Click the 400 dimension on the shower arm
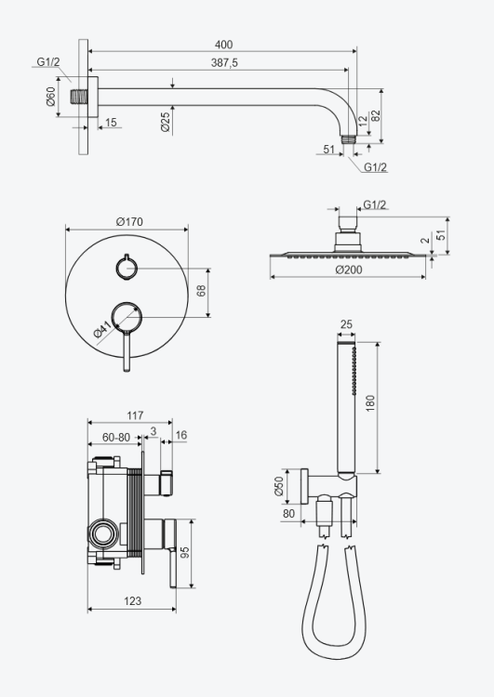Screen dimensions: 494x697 [223, 45]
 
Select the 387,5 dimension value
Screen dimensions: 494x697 [224, 63]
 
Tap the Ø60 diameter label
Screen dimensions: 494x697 [51, 97]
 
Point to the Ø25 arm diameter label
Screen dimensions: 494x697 [165, 122]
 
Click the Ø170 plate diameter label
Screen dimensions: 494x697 [129, 221]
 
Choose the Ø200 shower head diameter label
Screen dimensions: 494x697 [349, 270]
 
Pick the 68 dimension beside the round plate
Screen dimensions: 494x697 [201, 291]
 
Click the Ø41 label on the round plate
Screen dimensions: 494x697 [102, 331]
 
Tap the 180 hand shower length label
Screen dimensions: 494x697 [370, 403]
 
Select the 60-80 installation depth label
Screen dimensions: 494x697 [116, 438]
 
